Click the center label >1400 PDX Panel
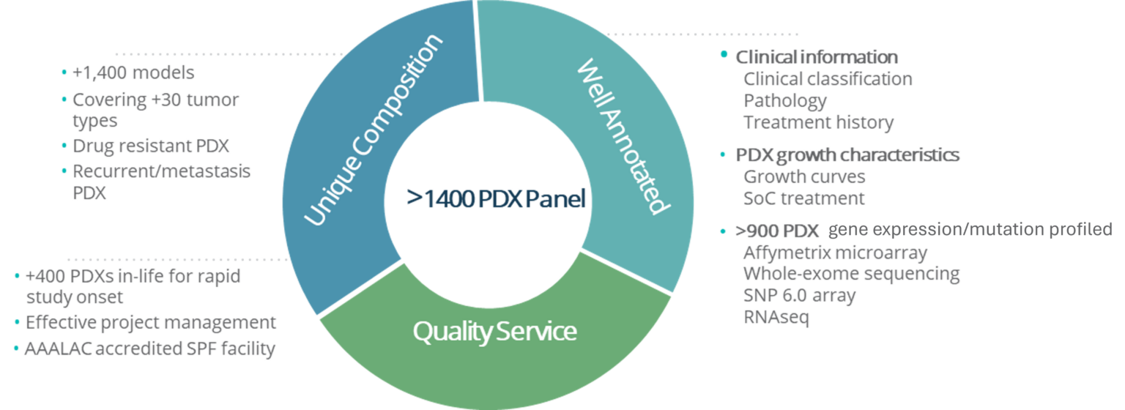[497, 199]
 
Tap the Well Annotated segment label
[623, 136]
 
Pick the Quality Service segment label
[495, 332]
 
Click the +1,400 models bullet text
[133, 73]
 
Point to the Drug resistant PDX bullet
[150, 146]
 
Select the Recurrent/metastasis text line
[161, 171]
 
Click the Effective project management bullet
[150, 322]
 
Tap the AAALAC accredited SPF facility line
[149, 348]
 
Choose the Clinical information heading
[816, 56]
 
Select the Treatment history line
[818, 122]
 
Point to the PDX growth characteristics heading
[847, 155]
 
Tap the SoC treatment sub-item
[803, 198]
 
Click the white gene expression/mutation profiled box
[970, 230]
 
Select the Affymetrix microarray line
[835, 253]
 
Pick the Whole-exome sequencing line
[851, 275]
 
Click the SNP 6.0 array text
[799, 296]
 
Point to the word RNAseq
[776, 318]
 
